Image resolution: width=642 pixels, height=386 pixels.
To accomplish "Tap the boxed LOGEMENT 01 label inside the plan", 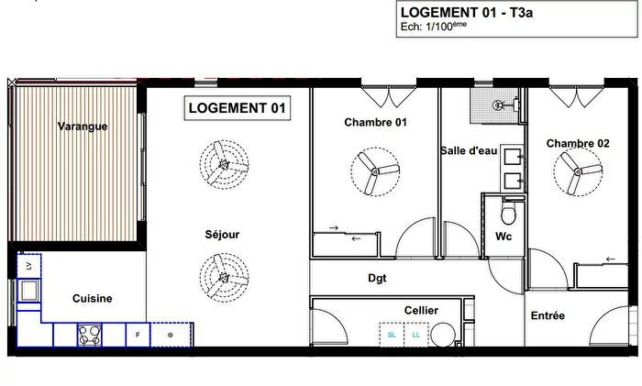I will click(x=237, y=108).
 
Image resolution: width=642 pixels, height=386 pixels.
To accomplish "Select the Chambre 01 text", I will click(x=375, y=122).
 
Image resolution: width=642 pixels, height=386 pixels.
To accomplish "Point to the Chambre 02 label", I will click(x=577, y=143).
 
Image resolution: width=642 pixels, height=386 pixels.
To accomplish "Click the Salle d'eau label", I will click(x=470, y=152).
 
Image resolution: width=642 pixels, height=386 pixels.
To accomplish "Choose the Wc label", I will click(x=504, y=236).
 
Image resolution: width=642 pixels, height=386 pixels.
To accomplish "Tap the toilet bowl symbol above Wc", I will click(x=507, y=214).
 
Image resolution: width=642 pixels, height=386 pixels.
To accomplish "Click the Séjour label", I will click(x=222, y=235).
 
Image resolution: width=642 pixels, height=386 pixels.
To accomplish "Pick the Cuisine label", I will click(x=93, y=298).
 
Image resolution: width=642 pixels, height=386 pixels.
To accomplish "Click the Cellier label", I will click(x=421, y=311).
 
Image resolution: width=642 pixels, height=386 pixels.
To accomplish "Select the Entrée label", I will click(x=548, y=315).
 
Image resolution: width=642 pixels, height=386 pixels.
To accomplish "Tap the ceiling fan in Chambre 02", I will click(x=577, y=171).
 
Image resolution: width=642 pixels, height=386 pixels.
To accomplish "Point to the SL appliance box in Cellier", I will click(x=393, y=336).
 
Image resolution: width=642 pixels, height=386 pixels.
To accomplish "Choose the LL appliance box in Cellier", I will click(x=417, y=336).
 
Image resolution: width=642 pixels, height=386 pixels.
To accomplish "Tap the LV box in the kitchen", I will click(x=28, y=265).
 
